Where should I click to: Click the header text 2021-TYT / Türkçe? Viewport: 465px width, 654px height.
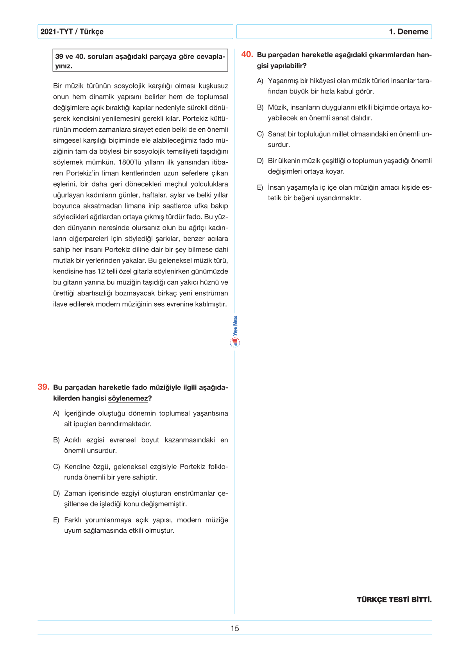coord(72,32)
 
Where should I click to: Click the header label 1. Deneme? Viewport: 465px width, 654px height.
coord(408,32)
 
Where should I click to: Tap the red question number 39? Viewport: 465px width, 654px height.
coord(43,387)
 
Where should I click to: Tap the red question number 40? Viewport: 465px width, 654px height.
coord(247,55)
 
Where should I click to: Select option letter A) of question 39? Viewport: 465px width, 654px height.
coord(56,413)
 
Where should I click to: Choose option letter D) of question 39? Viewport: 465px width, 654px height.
coord(56,494)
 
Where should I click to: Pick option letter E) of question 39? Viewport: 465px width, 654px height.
coord(56,520)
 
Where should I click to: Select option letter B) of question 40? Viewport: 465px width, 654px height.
coord(260,108)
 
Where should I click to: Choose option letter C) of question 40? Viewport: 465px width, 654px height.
coord(260,134)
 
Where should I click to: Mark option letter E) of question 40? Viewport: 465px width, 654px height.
coord(260,188)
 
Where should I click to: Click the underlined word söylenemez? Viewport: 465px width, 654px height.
coord(128,399)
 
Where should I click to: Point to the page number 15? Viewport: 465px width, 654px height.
coord(234,628)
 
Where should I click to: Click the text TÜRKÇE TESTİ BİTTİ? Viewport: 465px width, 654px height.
coord(394,600)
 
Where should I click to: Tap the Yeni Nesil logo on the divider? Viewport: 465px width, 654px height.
coord(235,332)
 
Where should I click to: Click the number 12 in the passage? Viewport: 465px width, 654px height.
coord(101,271)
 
